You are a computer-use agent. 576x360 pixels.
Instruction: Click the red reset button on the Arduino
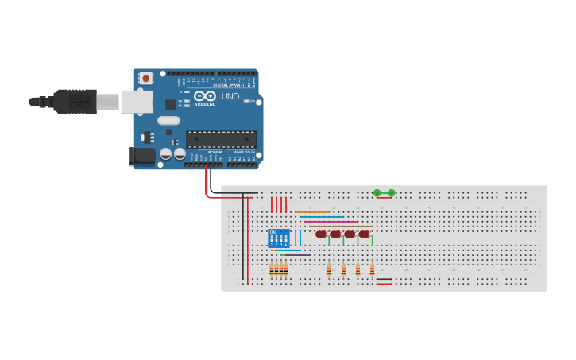[146, 78]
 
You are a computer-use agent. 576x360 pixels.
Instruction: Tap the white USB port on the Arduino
[137, 102]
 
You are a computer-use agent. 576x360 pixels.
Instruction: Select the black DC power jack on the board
[142, 155]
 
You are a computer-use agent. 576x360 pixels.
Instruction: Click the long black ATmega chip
[221, 139]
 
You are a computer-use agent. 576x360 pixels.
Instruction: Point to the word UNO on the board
[230, 96]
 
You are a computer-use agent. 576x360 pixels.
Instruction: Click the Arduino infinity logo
[204, 95]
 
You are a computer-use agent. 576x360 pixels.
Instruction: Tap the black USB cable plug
[75, 102]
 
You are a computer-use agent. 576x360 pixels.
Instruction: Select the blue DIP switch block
[279, 238]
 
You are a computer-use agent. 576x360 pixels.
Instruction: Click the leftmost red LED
[321, 234]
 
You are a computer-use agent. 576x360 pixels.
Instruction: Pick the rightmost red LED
[364, 234]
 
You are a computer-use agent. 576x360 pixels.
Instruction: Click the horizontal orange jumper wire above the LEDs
[311, 212]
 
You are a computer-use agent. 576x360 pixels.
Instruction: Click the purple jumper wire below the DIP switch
[294, 255]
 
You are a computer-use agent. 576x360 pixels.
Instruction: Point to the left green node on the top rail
[377, 193]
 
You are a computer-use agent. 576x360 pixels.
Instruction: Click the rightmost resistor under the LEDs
[372, 269]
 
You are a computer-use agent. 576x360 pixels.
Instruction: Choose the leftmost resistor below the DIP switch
[272, 269]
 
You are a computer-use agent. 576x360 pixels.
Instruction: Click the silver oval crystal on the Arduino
[168, 121]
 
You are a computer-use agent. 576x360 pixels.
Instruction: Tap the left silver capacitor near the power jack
[166, 153]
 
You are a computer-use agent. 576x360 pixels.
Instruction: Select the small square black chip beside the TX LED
[170, 104]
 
